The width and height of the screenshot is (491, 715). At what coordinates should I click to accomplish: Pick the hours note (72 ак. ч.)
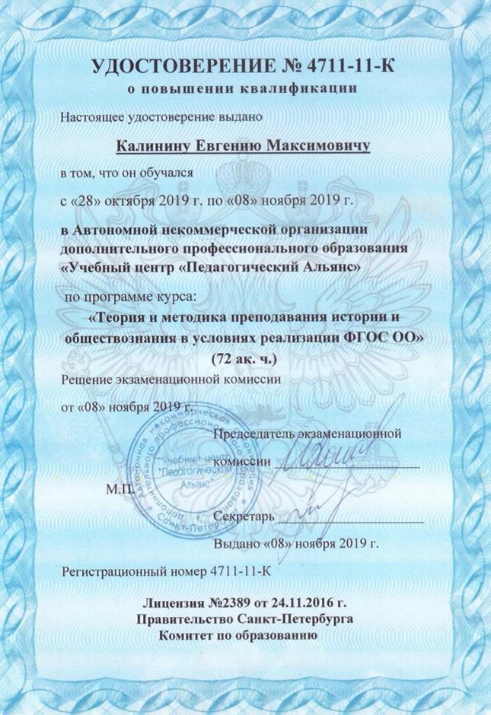pyautogui.click(x=246, y=357)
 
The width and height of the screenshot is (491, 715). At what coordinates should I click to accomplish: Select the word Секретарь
pyautogui.click(x=244, y=517)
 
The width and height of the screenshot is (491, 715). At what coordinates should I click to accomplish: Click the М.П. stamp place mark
pyautogui.click(x=119, y=488)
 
